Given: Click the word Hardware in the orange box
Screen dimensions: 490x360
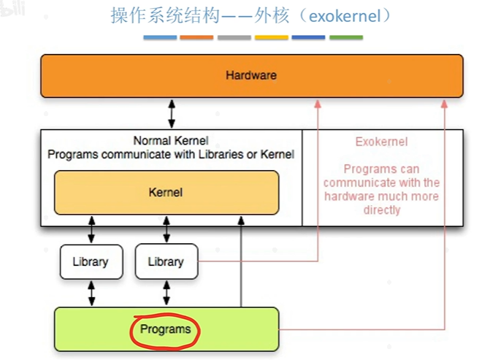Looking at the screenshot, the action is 251,75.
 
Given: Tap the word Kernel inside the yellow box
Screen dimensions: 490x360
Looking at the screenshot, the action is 166,192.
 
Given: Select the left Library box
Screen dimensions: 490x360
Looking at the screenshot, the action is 91,262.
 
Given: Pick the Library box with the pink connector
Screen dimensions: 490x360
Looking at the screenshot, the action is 166,262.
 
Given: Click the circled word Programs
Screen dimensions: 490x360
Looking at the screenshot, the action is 165,329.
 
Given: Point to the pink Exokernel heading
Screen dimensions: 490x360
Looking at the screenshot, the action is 382,142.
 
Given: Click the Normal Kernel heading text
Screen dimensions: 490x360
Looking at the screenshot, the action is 171,141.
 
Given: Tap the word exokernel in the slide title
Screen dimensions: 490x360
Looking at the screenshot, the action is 345,16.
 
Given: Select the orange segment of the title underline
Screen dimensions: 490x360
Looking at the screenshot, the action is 196,37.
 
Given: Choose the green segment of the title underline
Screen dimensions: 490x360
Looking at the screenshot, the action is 346,37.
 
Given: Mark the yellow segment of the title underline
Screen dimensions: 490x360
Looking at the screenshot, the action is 271,37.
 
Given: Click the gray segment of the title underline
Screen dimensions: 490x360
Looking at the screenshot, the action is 234,37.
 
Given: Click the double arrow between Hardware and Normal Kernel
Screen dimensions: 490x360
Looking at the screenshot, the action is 172,114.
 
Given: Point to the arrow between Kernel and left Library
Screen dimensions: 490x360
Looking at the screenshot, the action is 91,230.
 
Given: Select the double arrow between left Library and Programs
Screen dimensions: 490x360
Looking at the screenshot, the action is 91,293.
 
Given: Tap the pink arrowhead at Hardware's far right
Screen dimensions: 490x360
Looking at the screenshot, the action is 444,104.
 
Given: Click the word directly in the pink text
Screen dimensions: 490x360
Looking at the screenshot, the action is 382,210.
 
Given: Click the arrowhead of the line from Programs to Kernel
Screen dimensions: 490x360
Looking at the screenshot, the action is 241,221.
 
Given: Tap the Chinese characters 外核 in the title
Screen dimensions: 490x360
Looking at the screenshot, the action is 271,15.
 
